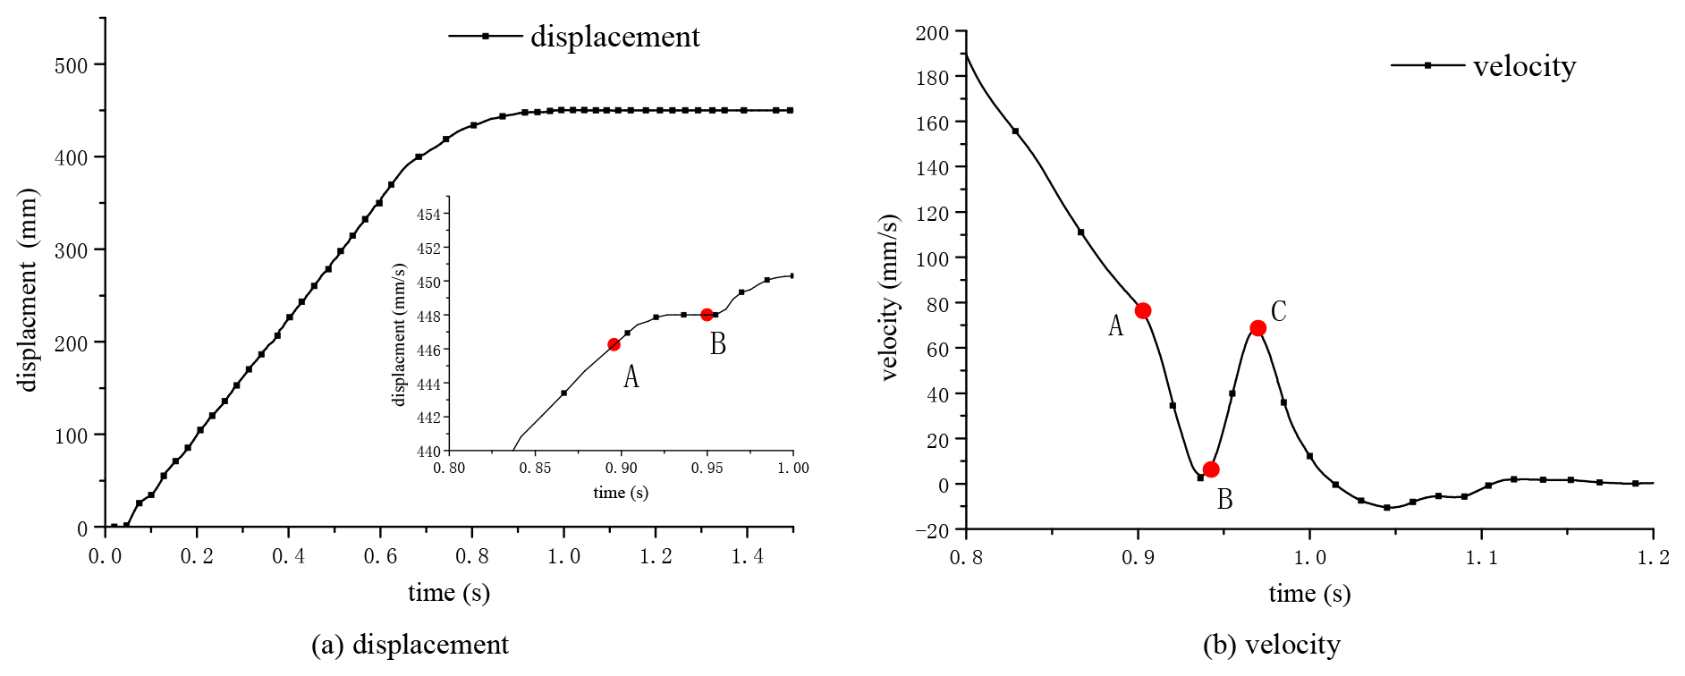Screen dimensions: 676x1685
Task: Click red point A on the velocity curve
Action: (1142, 311)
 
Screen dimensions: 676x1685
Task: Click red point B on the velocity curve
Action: (1211, 469)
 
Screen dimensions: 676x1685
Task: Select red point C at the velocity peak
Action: (1257, 328)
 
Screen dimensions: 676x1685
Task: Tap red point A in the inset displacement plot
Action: (614, 344)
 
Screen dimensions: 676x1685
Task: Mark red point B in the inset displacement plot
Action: (707, 315)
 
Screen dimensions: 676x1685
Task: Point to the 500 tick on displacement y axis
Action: (72, 65)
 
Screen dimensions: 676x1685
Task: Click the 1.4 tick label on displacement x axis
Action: (747, 556)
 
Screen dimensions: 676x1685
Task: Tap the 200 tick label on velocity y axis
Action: (932, 33)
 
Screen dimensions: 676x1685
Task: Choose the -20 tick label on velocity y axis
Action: (931, 530)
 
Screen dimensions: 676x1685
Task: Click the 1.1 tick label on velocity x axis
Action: (1481, 558)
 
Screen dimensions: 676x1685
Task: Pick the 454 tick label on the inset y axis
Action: (428, 215)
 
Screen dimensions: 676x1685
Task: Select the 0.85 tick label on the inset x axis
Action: (535, 468)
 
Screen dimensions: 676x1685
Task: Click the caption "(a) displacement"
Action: (410, 645)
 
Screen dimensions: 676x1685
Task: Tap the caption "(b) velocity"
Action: (1271, 645)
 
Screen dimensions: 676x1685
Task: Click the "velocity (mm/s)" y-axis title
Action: (889, 298)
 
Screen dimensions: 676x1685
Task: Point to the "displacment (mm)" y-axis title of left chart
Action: (29, 291)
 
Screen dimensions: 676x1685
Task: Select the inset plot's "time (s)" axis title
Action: (621, 493)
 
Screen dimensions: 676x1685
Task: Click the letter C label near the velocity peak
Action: (1278, 311)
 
